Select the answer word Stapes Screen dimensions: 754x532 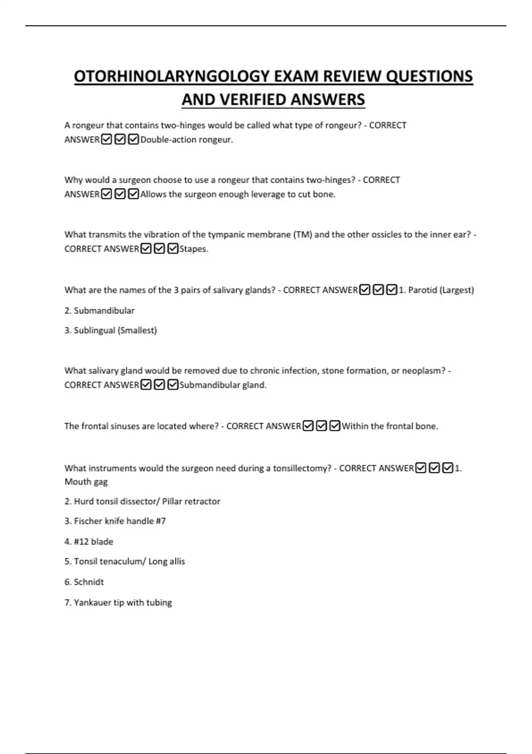point(193,249)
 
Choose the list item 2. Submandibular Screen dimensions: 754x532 point(99,310)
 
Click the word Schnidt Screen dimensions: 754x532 point(89,582)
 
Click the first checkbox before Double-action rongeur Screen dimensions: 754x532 point(106,140)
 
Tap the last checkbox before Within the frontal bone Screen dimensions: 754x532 point(335,426)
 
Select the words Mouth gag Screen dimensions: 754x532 point(86,482)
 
